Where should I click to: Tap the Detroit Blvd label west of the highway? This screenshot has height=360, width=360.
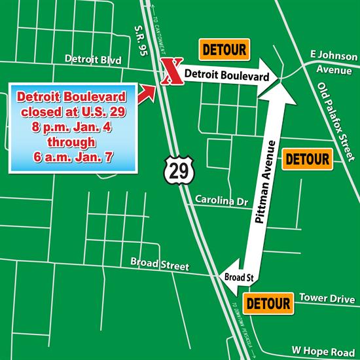click(x=94, y=60)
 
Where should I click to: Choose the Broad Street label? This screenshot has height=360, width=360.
click(x=159, y=266)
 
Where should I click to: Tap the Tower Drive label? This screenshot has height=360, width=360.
click(x=322, y=298)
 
